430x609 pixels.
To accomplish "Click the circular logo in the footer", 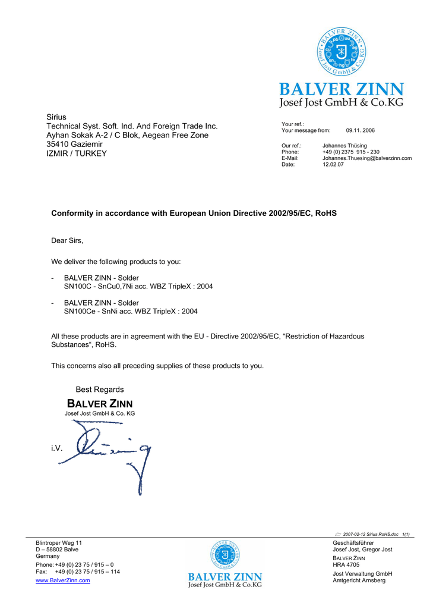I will (x=225, y=554).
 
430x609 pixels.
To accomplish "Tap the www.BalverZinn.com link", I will (x=63, y=580).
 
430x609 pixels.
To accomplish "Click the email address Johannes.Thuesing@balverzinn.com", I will (x=367, y=158).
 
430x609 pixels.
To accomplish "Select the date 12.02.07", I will (x=333, y=165).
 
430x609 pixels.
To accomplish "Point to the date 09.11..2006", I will (x=360, y=130).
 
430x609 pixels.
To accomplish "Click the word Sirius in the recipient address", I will (x=56, y=117).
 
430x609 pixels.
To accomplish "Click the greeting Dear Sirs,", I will (x=67, y=241).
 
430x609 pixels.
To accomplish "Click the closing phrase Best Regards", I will (x=100, y=390).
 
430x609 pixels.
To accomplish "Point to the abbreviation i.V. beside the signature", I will (x=57, y=448).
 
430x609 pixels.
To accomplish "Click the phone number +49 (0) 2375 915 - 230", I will (x=350, y=152).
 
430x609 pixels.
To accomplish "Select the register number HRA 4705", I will (x=346, y=565).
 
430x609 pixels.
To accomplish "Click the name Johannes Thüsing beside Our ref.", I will (x=344, y=146).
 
